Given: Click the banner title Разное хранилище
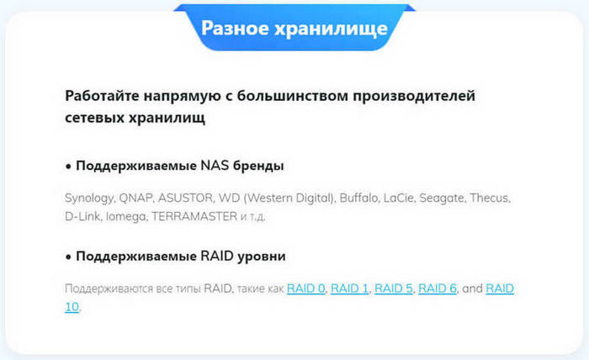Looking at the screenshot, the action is click(294, 29).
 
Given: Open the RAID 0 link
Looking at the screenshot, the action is click(305, 289).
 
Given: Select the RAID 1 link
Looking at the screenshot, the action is click(349, 289).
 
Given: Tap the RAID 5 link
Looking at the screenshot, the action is click(393, 289).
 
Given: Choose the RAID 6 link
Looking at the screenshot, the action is click(438, 289).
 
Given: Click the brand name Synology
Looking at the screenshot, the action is click(89, 199).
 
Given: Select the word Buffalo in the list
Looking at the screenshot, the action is click(358, 198).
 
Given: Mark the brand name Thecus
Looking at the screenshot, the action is click(490, 198).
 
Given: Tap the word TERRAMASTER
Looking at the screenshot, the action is click(194, 216).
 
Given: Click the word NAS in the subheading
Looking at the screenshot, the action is click(215, 165).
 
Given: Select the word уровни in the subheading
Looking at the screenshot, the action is click(262, 257).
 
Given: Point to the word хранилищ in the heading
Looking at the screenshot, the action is click(167, 118).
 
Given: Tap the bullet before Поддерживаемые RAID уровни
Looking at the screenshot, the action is click(68, 257).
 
